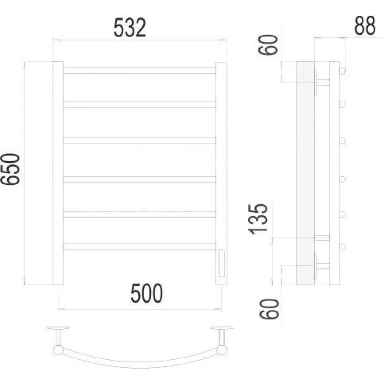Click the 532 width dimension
click(129, 28)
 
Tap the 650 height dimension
click(10, 169)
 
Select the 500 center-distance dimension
click(146, 293)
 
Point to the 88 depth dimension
click(365, 25)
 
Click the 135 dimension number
click(258, 219)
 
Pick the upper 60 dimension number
click(268, 45)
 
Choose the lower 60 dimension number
click(269, 309)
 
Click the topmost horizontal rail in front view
click(140, 71)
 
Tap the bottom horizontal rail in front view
click(140, 247)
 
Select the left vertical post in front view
click(58, 173)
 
